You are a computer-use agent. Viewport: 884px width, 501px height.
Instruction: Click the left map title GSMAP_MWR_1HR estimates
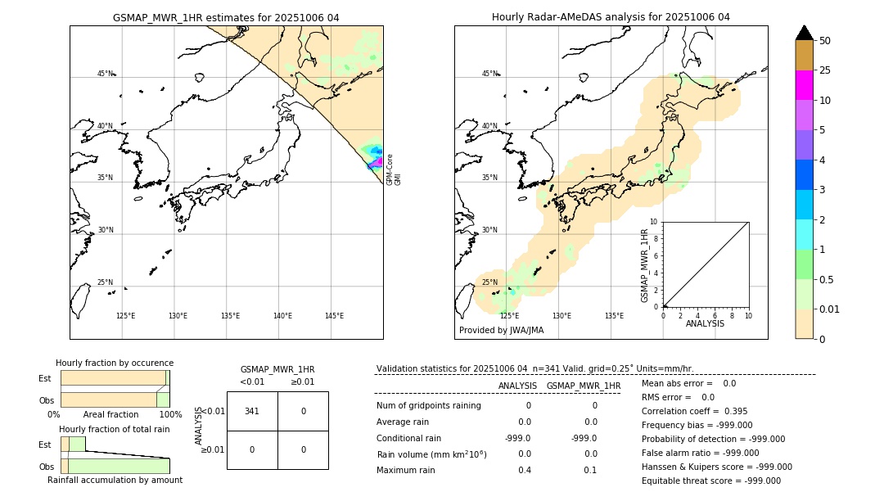pyautogui.click(x=226, y=17)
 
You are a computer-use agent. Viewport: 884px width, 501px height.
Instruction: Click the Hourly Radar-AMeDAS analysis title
pyautogui.click(x=611, y=17)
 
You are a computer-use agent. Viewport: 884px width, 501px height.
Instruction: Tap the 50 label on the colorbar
pyautogui.click(x=825, y=41)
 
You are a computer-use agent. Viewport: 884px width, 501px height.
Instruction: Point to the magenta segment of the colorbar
pyautogui.click(x=804, y=85)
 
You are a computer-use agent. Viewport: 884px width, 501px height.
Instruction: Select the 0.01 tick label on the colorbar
pyautogui.click(x=830, y=309)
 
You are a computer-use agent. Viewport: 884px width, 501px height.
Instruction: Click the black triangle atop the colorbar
pyautogui.click(x=804, y=33)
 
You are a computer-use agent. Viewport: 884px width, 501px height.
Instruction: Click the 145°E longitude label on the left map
pyautogui.click(x=334, y=316)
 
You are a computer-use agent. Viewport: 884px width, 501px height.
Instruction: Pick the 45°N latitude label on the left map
pyautogui.click(x=105, y=74)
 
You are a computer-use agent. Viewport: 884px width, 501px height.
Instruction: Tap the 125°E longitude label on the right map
pyautogui.click(x=509, y=316)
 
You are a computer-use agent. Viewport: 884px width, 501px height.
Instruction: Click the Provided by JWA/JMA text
pyautogui.click(x=501, y=331)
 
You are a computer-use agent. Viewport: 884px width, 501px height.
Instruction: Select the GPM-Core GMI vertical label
pyautogui.click(x=393, y=169)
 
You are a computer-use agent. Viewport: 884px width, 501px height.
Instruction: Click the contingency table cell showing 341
pyautogui.click(x=252, y=411)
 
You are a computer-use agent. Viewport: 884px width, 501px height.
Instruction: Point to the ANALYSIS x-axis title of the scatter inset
pyautogui.click(x=706, y=324)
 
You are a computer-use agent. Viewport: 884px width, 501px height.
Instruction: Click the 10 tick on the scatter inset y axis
pyautogui.click(x=654, y=222)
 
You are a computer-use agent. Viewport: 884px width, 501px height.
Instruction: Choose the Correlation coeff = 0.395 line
pyautogui.click(x=694, y=411)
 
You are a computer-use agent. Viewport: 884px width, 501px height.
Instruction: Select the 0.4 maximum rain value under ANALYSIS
pyautogui.click(x=524, y=470)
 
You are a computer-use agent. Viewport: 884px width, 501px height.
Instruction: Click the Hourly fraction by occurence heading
pyautogui.click(x=115, y=363)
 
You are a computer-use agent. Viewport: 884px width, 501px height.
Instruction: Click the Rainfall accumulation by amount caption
pyautogui.click(x=115, y=480)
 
